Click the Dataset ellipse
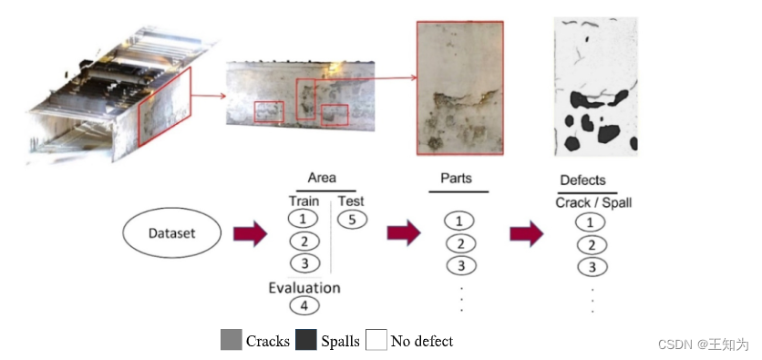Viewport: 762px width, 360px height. click(171, 233)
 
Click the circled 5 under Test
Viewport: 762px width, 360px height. click(351, 220)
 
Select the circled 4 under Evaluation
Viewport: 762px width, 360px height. click(304, 306)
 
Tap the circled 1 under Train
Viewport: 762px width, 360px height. click(304, 219)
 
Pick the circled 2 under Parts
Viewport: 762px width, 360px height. click(459, 243)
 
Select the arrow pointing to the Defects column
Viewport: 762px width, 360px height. click(526, 233)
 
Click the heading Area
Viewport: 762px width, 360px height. click(322, 178)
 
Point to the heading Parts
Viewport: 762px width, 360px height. click(456, 178)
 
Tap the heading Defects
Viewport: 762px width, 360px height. click(582, 180)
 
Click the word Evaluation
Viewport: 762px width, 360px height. click(304, 288)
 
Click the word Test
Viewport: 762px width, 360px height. click(351, 201)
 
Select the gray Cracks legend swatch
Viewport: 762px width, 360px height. click(231, 341)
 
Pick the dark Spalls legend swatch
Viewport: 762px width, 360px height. click(306, 341)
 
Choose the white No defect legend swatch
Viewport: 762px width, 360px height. click(376, 341)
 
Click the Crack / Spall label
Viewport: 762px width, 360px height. click(592, 202)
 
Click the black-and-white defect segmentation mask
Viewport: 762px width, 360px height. click(595, 87)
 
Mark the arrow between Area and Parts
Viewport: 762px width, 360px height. click(403, 233)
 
